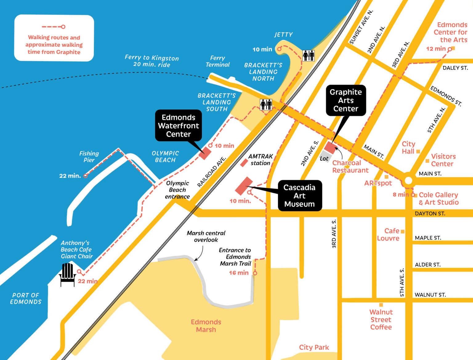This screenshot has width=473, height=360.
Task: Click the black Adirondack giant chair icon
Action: point(67,274)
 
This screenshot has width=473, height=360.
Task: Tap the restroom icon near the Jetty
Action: point(308,55)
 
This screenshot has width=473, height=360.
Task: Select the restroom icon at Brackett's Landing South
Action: point(266,104)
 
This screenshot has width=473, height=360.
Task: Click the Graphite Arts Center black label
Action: point(346,100)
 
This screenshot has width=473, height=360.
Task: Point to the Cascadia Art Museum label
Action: point(300,196)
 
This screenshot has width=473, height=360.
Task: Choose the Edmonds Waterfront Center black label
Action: point(178,126)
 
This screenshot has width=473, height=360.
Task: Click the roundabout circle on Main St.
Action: point(408,181)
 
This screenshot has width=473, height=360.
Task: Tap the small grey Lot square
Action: point(324,157)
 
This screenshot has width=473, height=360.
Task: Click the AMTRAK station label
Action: point(261,160)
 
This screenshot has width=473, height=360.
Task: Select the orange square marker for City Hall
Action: point(418,151)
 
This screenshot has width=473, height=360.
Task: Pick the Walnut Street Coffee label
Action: point(381,320)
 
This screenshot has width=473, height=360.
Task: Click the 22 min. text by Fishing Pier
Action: point(70,176)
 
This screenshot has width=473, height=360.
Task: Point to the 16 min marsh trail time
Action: point(239,273)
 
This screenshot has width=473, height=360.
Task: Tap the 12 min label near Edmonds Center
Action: point(436,49)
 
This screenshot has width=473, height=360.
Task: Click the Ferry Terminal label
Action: point(217,61)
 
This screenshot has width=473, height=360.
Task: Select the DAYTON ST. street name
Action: point(430,213)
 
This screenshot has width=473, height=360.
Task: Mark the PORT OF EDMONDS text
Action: point(26,298)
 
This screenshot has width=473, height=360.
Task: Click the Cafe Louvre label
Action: point(388,235)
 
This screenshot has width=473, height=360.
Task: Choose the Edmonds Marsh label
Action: point(206,326)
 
